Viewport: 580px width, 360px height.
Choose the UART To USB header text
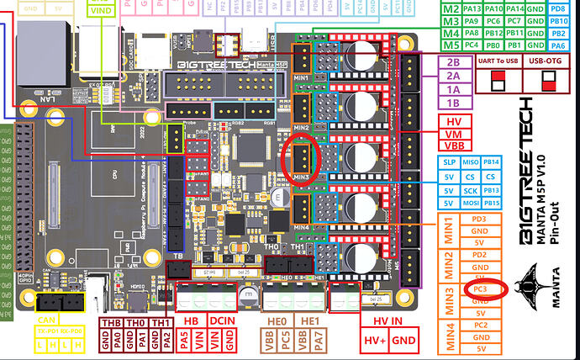click(x=497, y=61)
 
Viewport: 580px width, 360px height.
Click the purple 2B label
click(x=454, y=61)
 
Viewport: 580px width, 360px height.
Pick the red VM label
click(x=454, y=133)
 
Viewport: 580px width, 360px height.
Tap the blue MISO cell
click(x=472, y=161)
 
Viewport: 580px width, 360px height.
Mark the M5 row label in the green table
click(x=451, y=45)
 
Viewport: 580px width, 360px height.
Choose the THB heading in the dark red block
click(x=110, y=322)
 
